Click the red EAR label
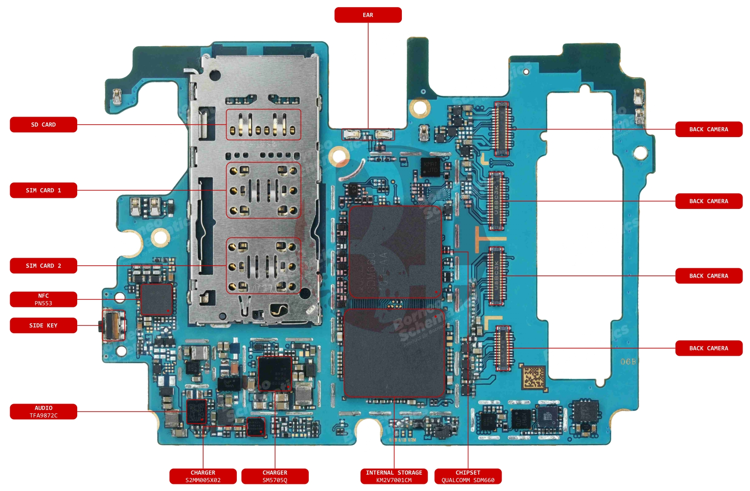[x=368, y=15]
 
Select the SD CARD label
[x=43, y=125]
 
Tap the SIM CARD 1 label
[x=43, y=190]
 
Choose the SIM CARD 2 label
[x=43, y=266]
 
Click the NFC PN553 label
[x=43, y=299]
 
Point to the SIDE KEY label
[x=43, y=326]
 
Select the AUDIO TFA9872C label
[x=43, y=412]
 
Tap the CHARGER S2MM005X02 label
[x=203, y=476]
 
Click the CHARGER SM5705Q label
[x=275, y=476]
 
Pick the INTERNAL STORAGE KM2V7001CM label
[x=394, y=476]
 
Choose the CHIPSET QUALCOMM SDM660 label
[x=468, y=476]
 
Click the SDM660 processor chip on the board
[x=395, y=251]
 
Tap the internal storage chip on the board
[x=394, y=353]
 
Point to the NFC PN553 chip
[x=156, y=299]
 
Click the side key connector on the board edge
[x=113, y=326]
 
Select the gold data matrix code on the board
[x=534, y=377]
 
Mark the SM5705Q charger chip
[x=275, y=373]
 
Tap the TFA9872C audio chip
[x=196, y=411]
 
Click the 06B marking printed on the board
[x=628, y=362]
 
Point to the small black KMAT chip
[x=431, y=167]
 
